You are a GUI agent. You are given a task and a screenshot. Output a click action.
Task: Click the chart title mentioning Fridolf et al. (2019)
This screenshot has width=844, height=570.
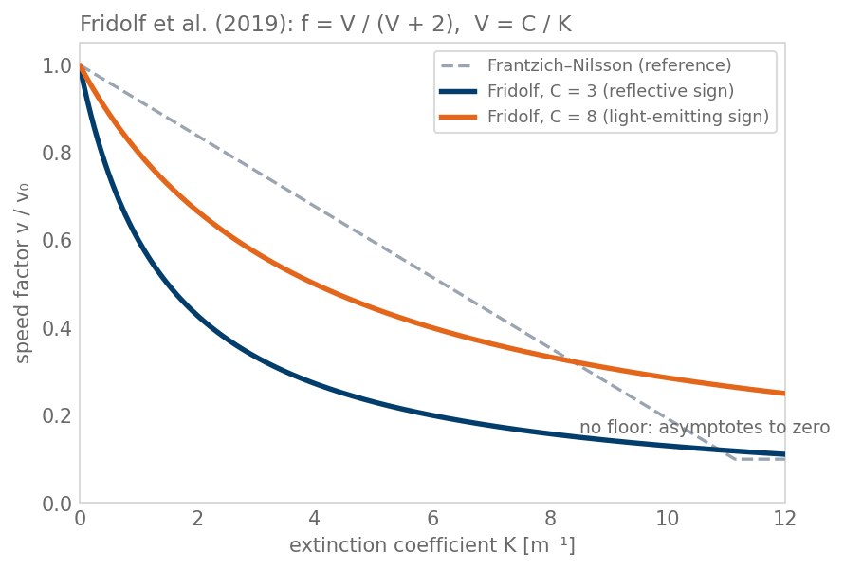coord(325,25)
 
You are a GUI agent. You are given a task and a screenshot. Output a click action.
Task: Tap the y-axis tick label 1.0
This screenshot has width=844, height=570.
coord(57,66)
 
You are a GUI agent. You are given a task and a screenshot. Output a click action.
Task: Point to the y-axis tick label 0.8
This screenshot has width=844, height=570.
coord(57,154)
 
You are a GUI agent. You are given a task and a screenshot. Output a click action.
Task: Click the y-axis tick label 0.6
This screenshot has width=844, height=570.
coord(57,241)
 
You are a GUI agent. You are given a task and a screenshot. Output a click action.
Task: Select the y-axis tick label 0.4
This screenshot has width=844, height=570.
coord(57,328)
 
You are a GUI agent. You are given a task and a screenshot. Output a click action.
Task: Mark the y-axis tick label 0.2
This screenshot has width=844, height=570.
coord(57,416)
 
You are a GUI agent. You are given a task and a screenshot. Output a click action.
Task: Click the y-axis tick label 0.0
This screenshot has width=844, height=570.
coord(57,504)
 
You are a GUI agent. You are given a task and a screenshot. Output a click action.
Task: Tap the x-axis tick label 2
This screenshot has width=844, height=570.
coord(197,519)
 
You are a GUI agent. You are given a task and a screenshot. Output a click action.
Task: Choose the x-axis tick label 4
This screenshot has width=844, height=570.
coord(315,519)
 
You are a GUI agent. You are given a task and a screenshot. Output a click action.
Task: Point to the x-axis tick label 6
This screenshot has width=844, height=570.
coord(432,519)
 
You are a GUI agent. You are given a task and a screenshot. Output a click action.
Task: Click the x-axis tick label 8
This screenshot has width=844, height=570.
coord(550,519)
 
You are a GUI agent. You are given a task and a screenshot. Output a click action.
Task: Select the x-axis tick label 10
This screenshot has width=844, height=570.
coord(668,519)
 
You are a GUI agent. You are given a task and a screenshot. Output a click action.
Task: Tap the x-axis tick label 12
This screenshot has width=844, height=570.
coord(785,519)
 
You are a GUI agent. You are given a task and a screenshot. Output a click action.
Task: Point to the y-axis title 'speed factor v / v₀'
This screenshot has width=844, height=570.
coord(22,273)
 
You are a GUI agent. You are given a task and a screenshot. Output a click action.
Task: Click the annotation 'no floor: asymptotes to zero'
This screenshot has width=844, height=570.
coord(705,427)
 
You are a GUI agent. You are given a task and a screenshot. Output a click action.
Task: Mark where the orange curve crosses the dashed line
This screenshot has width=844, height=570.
coord(572,361)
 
